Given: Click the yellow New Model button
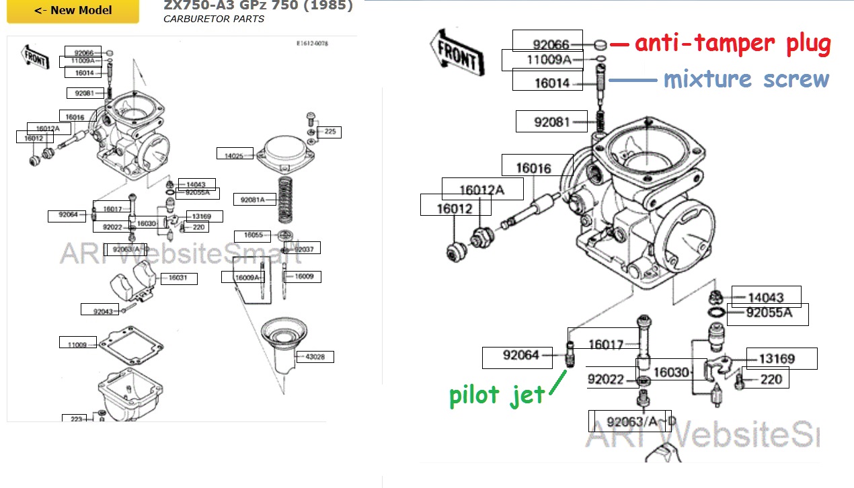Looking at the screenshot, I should click(x=73, y=11).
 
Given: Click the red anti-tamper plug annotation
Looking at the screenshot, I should click(x=732, y=44).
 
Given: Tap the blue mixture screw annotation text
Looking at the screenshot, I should click(x=746, y=79).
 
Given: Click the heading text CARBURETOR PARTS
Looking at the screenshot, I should click(x=213, y=19).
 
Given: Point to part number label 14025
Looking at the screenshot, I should click(x=234, y=155).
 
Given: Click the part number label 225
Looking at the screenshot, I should click(x=329, y=132).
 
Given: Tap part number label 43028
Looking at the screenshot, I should click(x=315, y=356).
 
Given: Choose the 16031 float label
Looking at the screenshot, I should click(x=178, y=278).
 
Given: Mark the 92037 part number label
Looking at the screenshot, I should click(x=305, y=249).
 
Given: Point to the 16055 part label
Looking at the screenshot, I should click(x=253, y=235).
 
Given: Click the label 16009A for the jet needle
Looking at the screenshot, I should click(x=247, y=277).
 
